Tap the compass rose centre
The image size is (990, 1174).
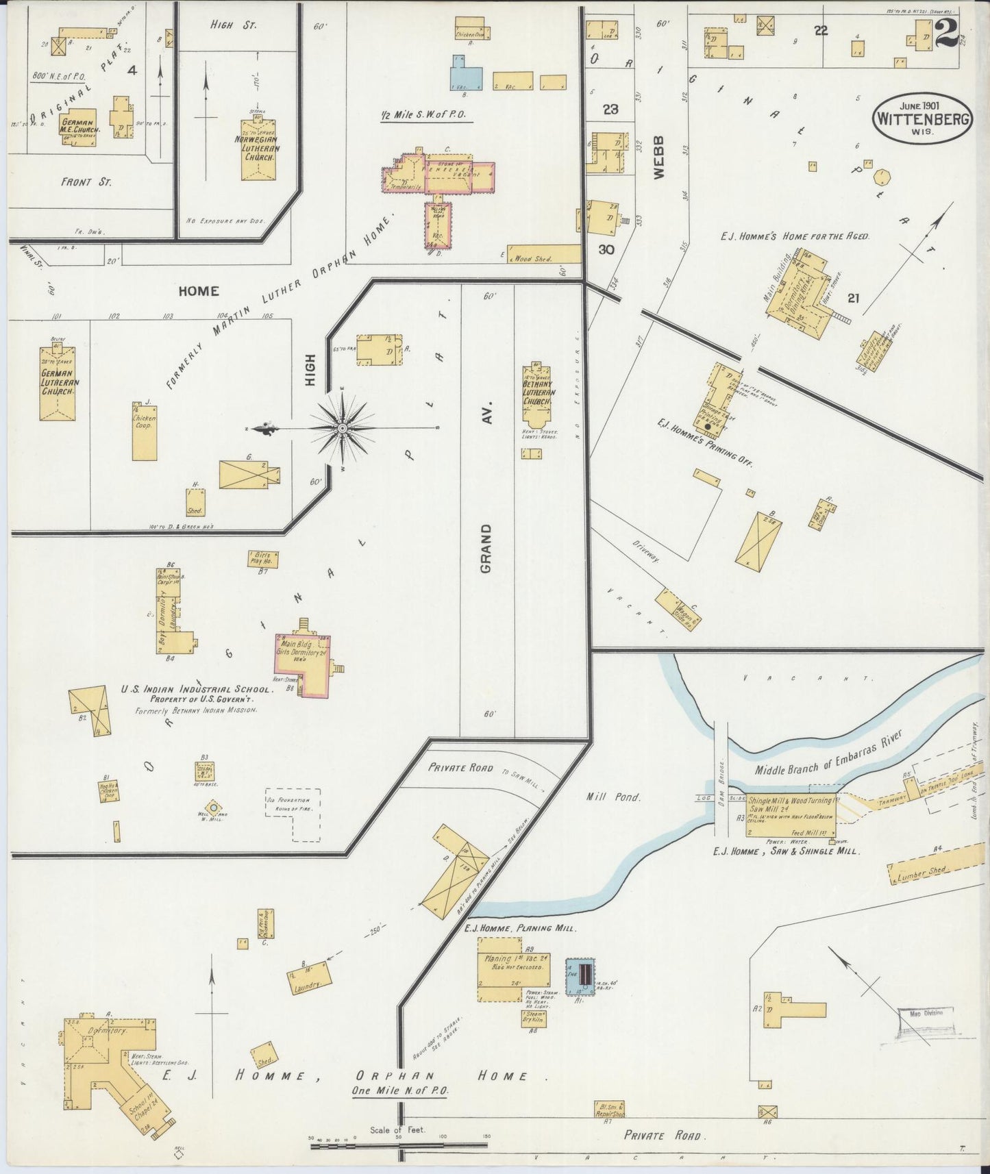pyautogui.click(x=342, y=428)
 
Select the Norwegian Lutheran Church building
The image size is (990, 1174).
pyautogui.click(x=258, y=150)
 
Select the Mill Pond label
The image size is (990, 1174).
pyautogui.click(x=613, y=797)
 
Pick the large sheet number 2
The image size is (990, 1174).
pyautogui.click(x=945, y=34)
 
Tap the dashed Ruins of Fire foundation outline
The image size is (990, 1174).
pyautogui.click(x=293, y=814)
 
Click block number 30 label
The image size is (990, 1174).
pyautogui.click(x=606, y=250)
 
